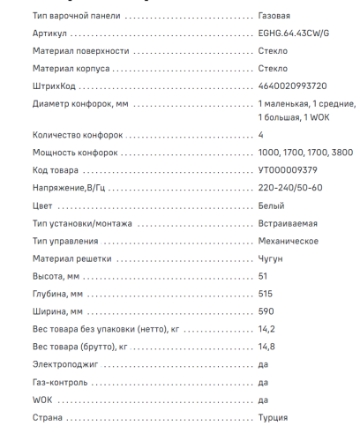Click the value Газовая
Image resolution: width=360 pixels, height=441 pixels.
tap(274, 16)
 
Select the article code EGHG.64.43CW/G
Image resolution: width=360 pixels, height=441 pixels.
tap(293, 34)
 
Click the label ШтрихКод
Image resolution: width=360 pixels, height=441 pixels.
tap(55, 86)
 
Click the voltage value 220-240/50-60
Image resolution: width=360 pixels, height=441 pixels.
tap(290, 188)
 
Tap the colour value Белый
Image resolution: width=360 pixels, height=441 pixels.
tap(272, 206)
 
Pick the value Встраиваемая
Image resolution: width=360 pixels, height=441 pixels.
tap(289, 223)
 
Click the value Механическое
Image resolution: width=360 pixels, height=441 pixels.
tap(289, 241)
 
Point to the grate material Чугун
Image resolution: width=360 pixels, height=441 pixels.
tap(270, 258)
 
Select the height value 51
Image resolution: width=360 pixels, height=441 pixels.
tap(263, 276)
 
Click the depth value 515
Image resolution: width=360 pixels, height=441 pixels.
tap(266, 294)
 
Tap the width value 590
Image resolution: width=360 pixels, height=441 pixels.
tap(266, 311)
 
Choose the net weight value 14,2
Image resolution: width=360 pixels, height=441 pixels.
tap(266, 329)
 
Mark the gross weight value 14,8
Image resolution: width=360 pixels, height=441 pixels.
tap(266, 347)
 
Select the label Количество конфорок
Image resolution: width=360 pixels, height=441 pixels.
tap(77, 135)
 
